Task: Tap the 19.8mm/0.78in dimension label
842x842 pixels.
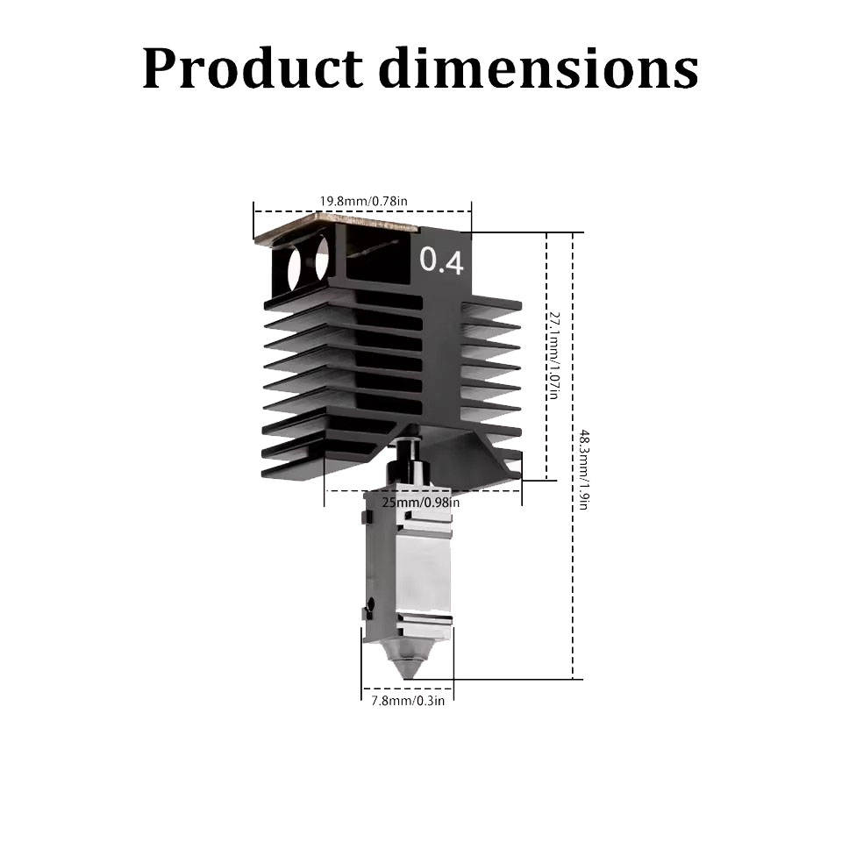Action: click(363, 202)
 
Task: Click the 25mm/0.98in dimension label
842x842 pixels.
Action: click(420, 503)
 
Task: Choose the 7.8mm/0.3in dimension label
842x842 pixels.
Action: click(408, 701)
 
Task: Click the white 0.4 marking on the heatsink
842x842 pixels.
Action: click(441, 260)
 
